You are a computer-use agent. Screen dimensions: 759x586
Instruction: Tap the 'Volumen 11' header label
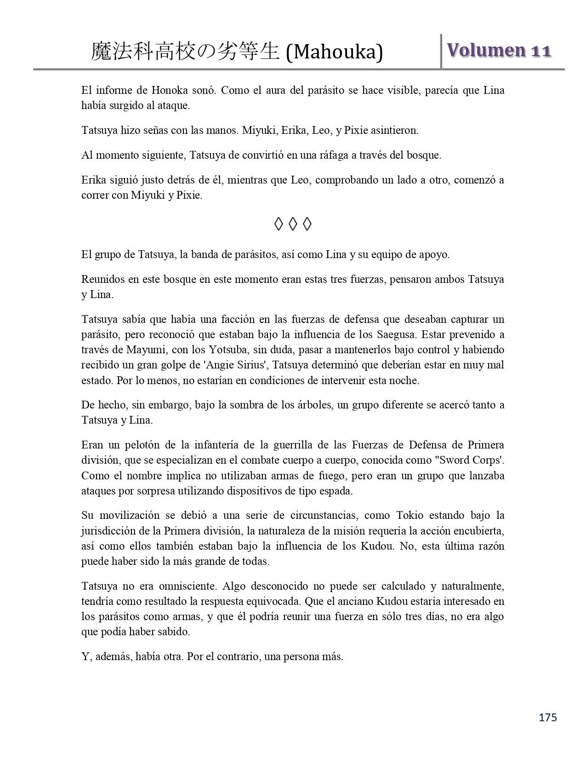pyautogui.click(x=499, y=51)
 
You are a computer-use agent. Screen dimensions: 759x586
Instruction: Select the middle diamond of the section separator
pyautogui.click(x=293, y=224)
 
